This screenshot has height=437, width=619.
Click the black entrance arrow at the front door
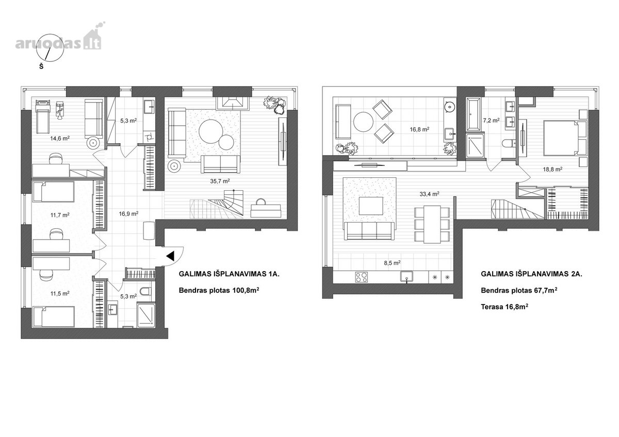point(171,256)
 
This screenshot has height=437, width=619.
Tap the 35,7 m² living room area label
point(220,181)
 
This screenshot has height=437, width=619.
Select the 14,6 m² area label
point(60,138)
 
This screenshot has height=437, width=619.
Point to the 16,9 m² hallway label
point(129,213)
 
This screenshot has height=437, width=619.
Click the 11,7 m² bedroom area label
point(60,215)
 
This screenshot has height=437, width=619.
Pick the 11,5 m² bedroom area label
point(60,293)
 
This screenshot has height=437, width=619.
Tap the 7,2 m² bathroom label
point(491,121)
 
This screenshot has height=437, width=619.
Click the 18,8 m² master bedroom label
point(552,169)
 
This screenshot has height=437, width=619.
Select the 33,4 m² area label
point(429,194)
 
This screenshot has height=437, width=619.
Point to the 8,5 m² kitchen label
point(392,263)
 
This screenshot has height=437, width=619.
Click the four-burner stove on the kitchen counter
point(362,277)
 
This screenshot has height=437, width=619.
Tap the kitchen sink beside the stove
point(407,277)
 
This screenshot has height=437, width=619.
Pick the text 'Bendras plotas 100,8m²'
point(219,290)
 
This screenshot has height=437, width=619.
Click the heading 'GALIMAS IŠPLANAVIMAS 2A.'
point(531,274)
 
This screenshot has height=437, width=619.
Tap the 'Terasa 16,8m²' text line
point(504,307)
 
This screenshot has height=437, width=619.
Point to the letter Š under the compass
point(41,66)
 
